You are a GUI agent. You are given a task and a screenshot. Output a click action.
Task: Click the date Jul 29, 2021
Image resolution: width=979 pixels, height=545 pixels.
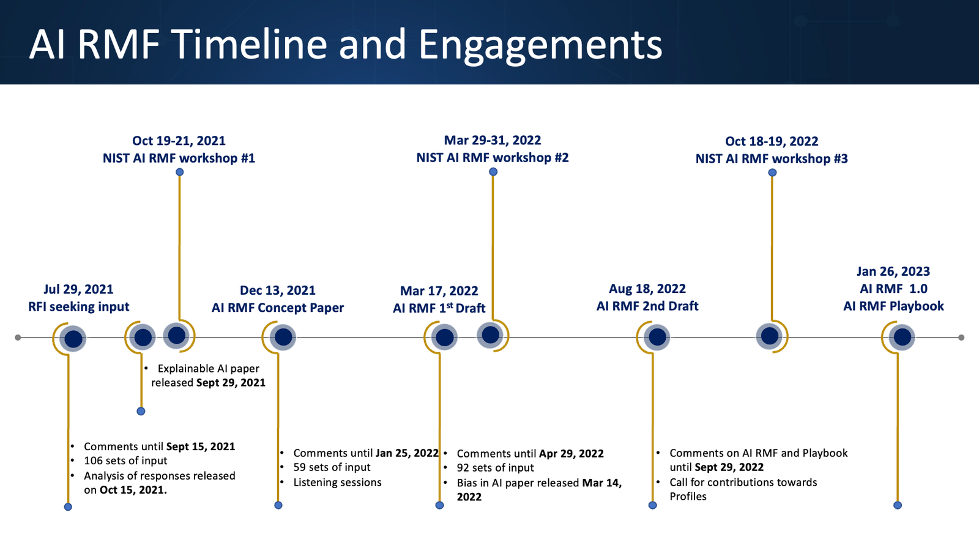click(x=78, y=289)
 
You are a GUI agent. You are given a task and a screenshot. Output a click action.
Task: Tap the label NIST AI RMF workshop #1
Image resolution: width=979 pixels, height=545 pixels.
click(x=179, y=158)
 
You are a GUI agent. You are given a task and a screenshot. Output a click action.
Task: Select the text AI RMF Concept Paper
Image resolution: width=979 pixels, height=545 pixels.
click(x=277, y=308)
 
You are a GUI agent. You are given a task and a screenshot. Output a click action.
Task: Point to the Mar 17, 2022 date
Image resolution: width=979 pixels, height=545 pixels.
click(x=439, y=291)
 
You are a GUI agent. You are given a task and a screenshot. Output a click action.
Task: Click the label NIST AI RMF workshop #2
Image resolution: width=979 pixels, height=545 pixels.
click(x=492, y=158)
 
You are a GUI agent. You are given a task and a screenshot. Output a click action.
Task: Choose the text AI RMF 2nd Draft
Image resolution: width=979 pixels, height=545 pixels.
click(x=647, y=306)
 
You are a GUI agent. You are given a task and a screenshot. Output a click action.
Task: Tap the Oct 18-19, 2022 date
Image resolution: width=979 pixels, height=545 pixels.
click(x=772, y=141)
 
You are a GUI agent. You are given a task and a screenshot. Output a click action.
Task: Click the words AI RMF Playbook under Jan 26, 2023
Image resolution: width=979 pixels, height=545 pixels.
click(x=893, y=306)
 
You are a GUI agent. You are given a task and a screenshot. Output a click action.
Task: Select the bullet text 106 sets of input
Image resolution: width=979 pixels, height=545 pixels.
click(x=125, y=461)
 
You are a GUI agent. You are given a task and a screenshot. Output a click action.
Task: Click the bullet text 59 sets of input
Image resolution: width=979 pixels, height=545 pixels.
click(x=332, y=467)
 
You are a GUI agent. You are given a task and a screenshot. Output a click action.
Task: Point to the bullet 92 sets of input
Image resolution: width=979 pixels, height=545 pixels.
click(x=495, y=468)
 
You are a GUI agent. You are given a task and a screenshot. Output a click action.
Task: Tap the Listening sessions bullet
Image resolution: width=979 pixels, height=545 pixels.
click(x=337, y=483)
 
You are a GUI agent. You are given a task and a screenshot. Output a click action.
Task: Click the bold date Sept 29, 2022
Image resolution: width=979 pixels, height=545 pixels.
click(x=729, y=467)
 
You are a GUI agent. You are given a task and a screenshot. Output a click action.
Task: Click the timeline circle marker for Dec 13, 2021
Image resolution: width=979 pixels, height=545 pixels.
click(x=283, y=337)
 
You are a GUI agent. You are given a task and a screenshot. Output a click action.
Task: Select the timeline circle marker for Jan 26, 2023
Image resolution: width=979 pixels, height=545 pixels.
click(x=903, y=337)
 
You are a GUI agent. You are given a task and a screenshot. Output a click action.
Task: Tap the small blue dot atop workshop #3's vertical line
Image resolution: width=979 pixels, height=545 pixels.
click(x=772, y=172)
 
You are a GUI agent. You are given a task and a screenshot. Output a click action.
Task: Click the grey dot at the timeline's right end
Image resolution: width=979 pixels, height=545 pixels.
click(x=961, y=338)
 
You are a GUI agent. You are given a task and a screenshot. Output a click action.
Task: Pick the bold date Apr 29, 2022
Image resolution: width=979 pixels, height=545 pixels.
click(x=571, y=454)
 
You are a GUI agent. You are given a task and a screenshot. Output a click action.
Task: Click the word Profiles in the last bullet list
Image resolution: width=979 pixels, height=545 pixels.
click(x=688, y=497)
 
